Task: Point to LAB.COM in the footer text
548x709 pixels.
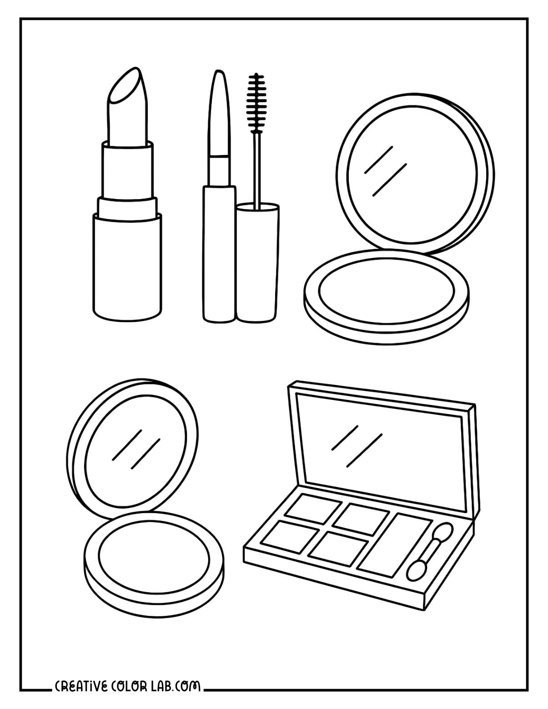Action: pos(179,686)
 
